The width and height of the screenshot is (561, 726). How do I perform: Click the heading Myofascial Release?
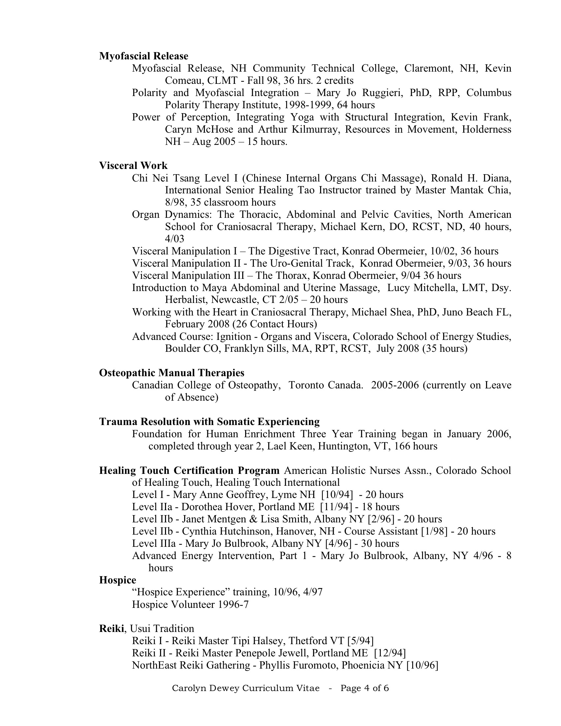tap(144, 56)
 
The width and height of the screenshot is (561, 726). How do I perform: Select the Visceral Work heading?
tap(133, 166)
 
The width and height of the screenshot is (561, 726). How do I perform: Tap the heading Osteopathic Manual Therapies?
tap(172, 373)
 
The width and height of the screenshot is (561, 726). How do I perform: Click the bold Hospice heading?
tap(118, 580)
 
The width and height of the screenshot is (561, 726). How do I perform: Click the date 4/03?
tap(175, 239)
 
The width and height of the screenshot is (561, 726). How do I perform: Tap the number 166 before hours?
tap(402, 446)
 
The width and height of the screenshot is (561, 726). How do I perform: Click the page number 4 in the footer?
tap(367, 688)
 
